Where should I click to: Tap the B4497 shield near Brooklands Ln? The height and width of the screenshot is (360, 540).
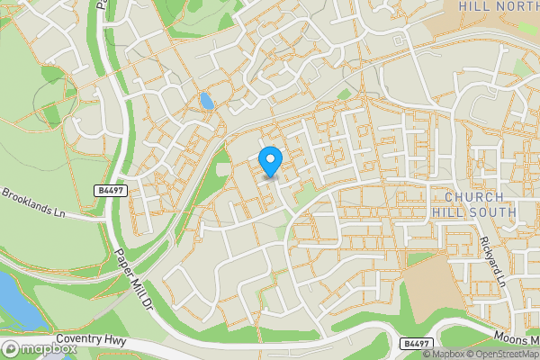point(108,191)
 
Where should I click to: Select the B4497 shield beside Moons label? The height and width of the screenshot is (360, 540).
point(416,344)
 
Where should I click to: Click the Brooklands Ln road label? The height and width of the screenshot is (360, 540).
point(33,203)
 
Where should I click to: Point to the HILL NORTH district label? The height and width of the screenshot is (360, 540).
point(498,6)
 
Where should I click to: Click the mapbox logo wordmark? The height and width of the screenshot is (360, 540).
point(43,349)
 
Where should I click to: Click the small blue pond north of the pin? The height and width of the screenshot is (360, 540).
point(207,101)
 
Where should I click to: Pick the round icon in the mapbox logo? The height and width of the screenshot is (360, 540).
point(11,349)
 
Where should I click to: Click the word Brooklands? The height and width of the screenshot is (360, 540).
point(27,201)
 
